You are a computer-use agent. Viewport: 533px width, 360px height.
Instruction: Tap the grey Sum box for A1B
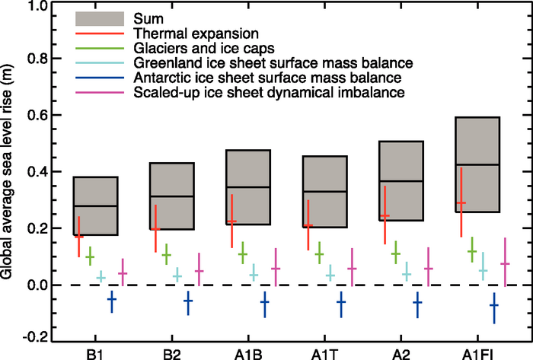[x=248, y=187]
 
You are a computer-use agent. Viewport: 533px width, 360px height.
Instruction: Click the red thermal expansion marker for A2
[x=385, y=216]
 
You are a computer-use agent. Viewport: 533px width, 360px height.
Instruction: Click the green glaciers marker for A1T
[x=319, y=253]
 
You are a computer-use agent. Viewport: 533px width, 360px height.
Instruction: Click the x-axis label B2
[x=172, y=352]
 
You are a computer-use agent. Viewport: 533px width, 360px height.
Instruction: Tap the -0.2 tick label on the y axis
[x=39, y=340]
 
